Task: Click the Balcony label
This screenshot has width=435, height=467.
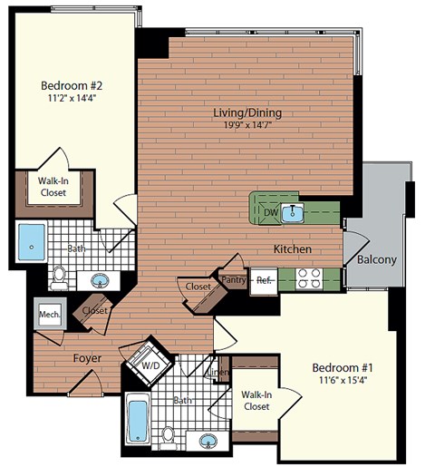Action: tap(376, 260)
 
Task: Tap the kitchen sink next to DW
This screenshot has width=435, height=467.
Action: tap(292, 214)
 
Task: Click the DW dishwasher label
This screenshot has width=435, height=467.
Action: tap(269, 213)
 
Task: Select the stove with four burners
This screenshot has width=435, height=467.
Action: tap(306, 278)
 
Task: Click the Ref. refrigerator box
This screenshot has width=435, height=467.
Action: tap(263, 280)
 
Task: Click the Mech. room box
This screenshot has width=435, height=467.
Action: tap(49, 315)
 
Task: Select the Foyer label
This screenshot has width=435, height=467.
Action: tap(87, 358)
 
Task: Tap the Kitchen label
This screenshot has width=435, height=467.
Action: tap(294, 248)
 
